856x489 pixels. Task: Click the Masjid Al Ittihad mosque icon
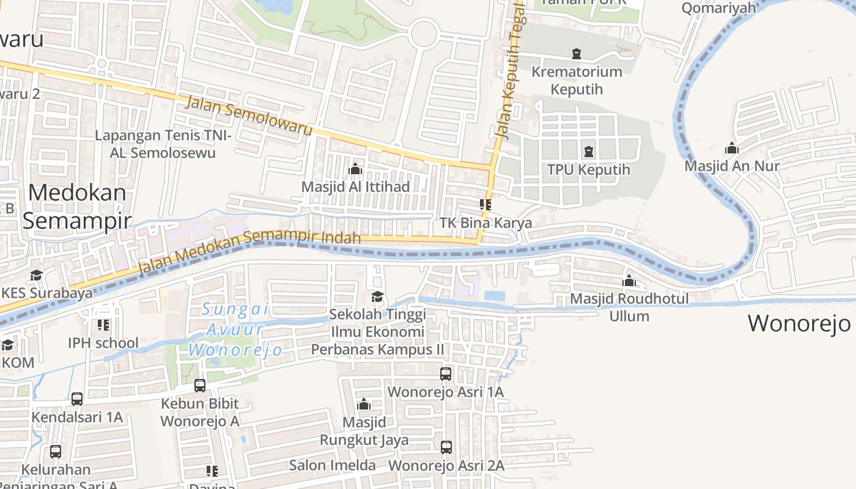(x=355, y=169)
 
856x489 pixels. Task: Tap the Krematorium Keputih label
(x=577, y=80)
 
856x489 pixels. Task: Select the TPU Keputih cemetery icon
(x=589, y=151)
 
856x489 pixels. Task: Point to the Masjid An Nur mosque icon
(x=732, y=148)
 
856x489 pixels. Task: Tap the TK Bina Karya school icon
(x=485, y=205)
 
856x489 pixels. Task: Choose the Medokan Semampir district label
(x=77, y=206)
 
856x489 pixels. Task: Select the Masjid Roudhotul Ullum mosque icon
(x=629, y=281)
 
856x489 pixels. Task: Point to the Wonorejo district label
(x=799, y=323)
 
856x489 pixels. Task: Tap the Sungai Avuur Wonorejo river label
(x=235, y=329)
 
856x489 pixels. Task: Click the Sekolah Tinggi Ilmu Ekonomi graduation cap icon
(x=377, y=297)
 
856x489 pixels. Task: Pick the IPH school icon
(x=103, y=325)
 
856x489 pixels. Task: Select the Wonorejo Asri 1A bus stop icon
(x=446, y=373)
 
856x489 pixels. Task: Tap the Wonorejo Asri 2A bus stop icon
(x=446, y=447)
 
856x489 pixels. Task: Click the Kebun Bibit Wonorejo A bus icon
(x=200, y=386)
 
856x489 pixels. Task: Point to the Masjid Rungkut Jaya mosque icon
(x=364, y=404)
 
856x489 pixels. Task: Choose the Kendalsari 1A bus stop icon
(x=77, y=399)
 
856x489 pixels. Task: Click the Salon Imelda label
(x=332, y=465)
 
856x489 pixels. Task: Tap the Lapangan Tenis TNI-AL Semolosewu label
(x=163, y=144)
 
